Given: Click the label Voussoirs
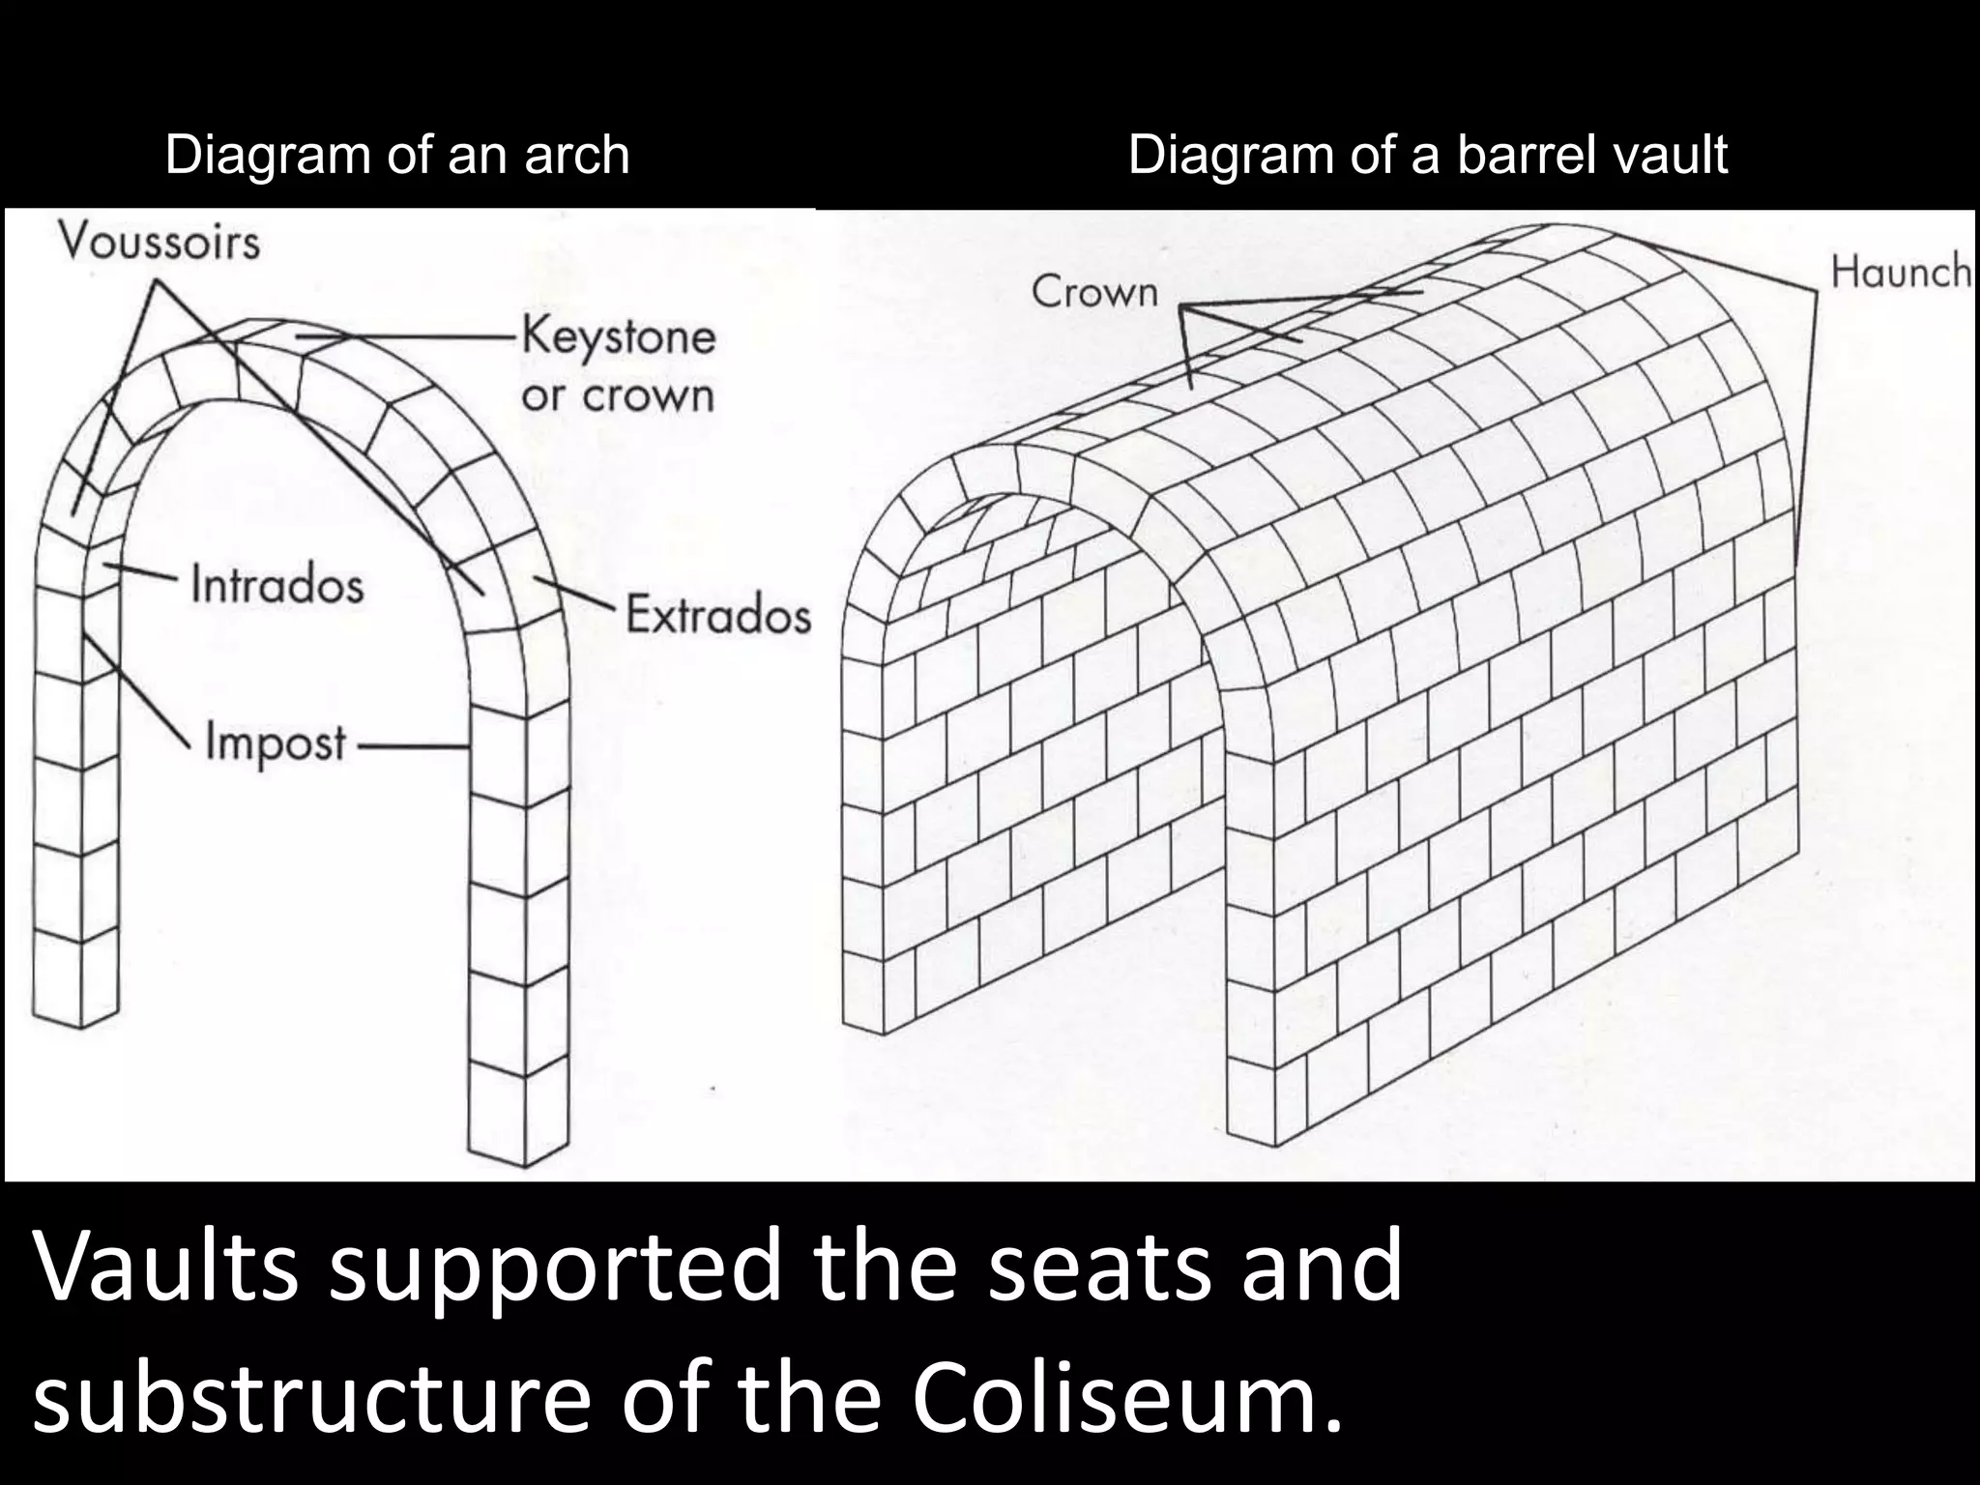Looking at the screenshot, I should pyautogui.click(x=160, y=242).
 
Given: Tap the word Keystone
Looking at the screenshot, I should pyautogui.click(x=619, y=337).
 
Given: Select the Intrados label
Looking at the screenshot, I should pyautogui.click(x=277, y=586).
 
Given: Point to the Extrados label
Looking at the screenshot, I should pyautogui.click(x=718, y=615).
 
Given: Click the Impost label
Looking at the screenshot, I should pyautogui.click(x=276, y=743).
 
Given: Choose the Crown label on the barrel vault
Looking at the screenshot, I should pyautogui.click(x=1094, y=291).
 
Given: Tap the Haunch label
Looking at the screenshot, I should pyautogui.click(x=1900, y=272).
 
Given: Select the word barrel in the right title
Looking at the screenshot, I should pyautogui.click(x=1520, y=155).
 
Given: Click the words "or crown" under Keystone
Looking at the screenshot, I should pyautogui.click(x=617, y=395).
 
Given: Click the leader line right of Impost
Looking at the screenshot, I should pyautogui.click(x=411, y=745).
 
